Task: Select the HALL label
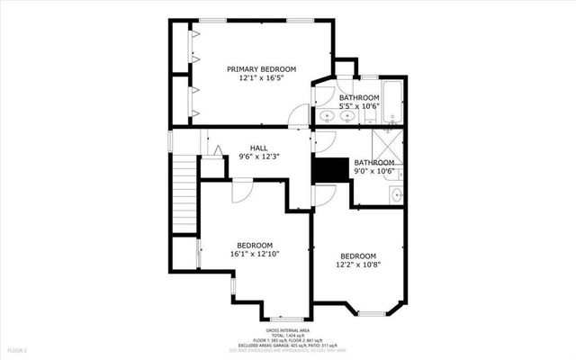tap(258, 148)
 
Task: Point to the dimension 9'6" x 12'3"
tap(258, 157)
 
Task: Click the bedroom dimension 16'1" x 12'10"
tap(255, 254)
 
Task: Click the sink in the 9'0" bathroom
tap(397, 193)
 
